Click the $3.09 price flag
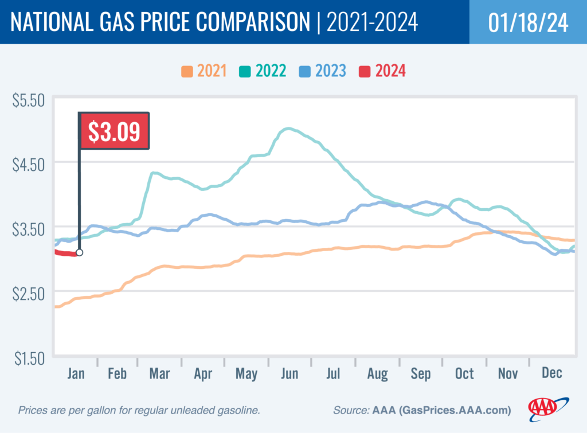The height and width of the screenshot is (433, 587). (x=114, y=131)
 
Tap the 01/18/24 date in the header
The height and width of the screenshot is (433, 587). (x=528, y=22)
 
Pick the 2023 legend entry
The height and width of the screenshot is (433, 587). (x=323, y=72)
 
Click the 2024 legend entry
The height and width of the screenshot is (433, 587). (x=382, y=72)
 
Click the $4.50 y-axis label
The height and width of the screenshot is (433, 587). (x=28, y=165)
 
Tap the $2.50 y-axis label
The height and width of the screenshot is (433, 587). (x=28, y=295)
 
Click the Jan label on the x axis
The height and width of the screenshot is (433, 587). (x=76, y=374)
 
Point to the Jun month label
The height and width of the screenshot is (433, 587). (x=289, y=374)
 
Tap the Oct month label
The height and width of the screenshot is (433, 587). (x=464, y=374)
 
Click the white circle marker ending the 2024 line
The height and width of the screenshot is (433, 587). (x=79, y=252)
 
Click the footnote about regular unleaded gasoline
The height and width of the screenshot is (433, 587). (x=140, y=411)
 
